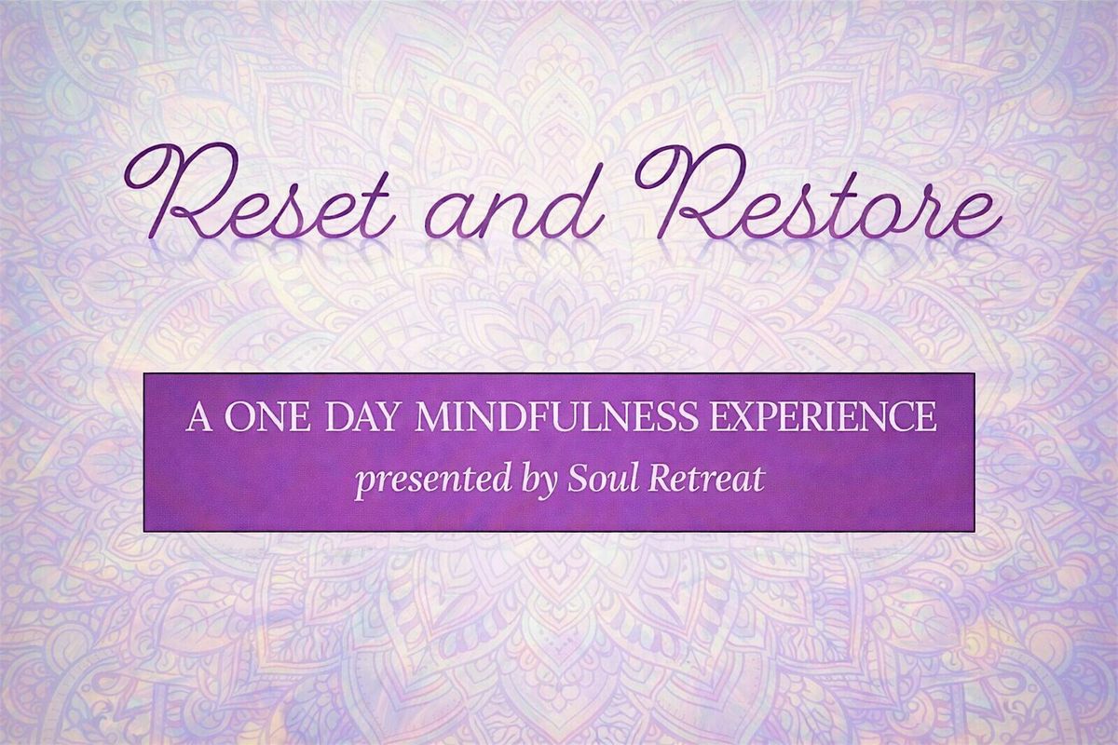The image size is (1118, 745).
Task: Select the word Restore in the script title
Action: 820,192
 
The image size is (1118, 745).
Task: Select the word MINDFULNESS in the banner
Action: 554,417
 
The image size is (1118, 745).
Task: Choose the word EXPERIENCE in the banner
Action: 823,417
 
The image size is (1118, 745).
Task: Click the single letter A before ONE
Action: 198,417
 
